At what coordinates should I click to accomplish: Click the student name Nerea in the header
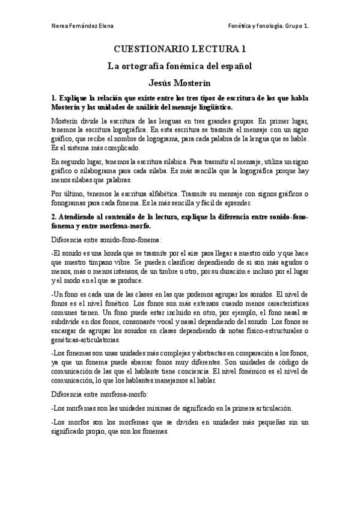pyautogui.click(x=61, y=26)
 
